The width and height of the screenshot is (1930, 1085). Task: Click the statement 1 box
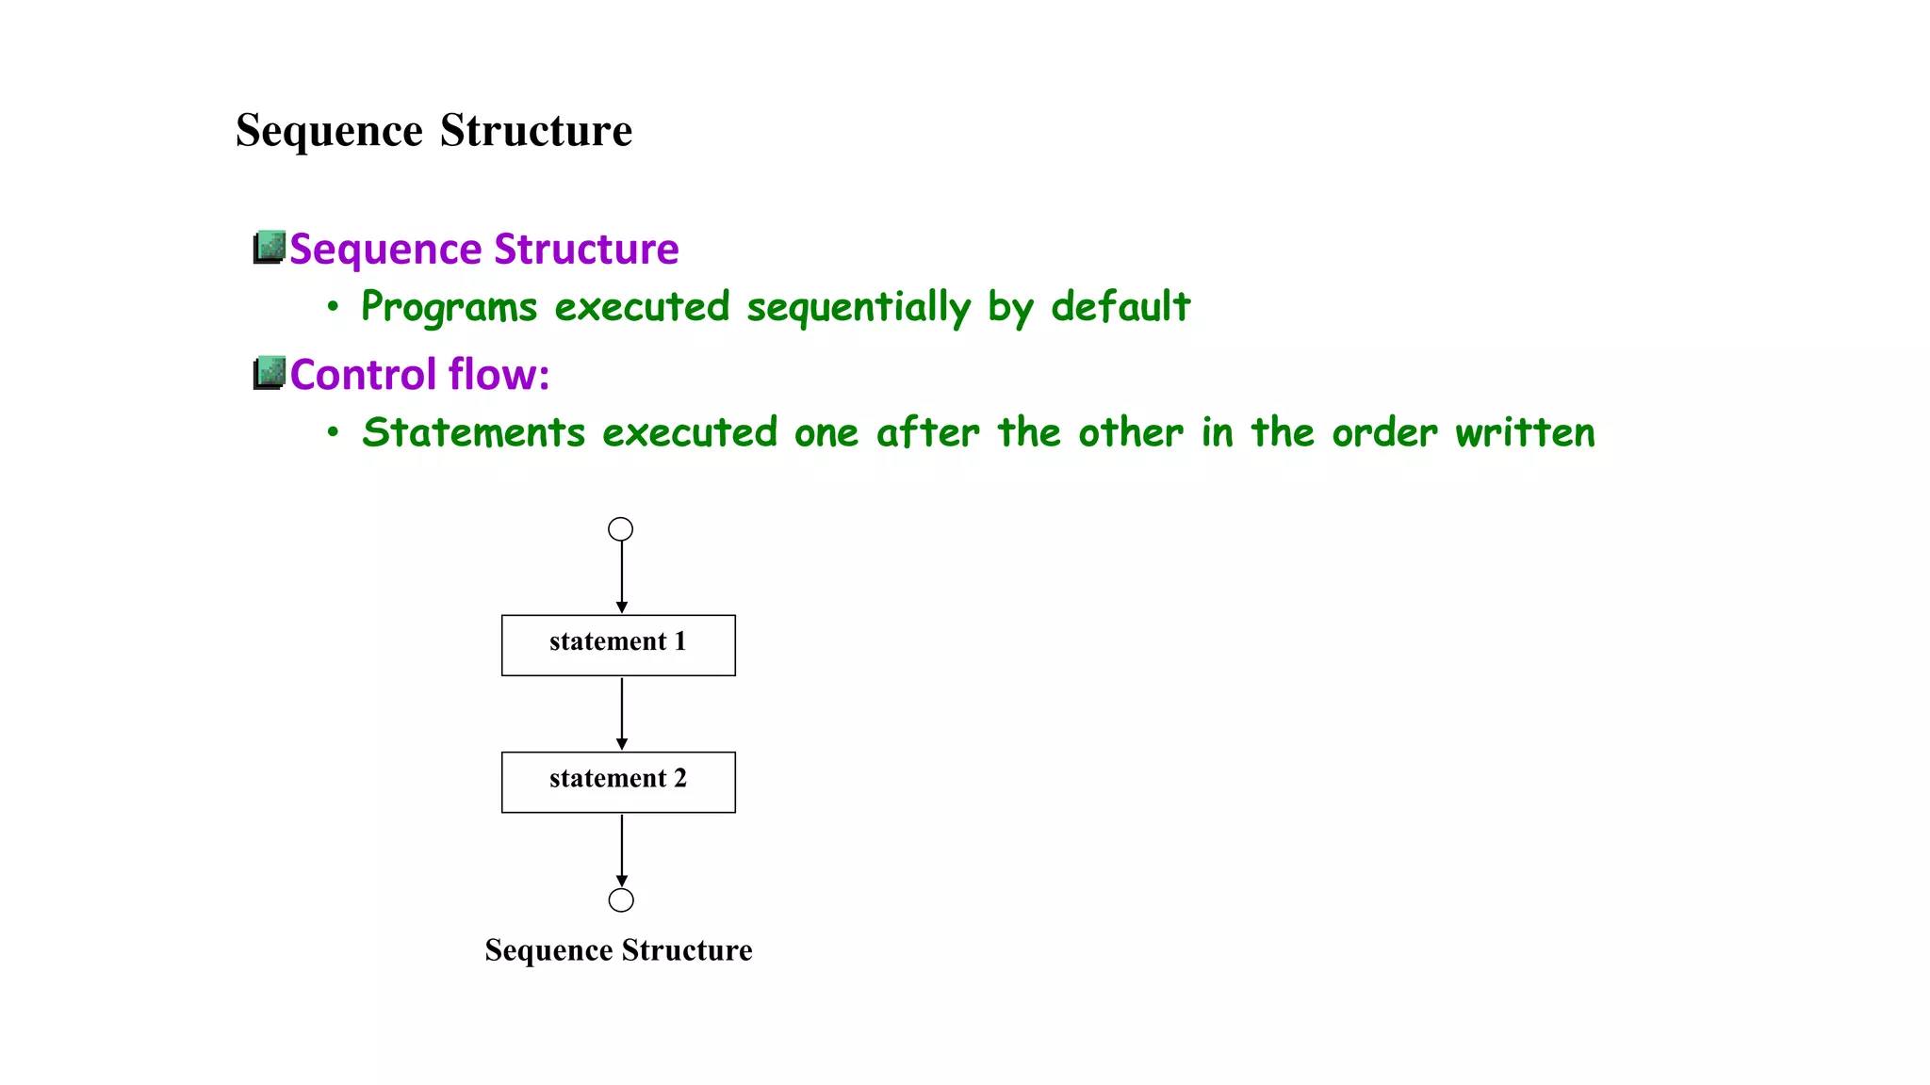618,645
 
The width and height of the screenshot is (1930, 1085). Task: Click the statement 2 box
618,782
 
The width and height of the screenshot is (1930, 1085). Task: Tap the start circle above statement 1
620,529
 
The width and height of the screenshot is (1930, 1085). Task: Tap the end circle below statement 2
621,900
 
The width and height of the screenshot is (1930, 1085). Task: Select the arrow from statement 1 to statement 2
622,713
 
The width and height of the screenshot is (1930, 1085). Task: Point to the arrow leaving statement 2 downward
622,850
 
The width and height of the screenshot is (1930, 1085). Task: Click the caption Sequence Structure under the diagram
618,950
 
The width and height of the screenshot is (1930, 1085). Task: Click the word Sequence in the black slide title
329,130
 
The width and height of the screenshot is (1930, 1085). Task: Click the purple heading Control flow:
419,375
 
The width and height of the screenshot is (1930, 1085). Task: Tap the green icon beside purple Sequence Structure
270,247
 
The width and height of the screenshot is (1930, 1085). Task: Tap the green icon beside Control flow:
270,373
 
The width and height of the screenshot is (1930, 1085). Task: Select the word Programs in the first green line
450,308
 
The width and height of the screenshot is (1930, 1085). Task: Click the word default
1120,307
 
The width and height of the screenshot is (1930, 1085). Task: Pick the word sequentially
859,308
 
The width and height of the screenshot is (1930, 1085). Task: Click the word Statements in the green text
474,433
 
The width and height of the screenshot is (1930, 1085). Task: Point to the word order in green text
1384,433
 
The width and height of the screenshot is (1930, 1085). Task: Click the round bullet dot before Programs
333,307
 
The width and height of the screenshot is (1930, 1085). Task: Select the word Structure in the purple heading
586,250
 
